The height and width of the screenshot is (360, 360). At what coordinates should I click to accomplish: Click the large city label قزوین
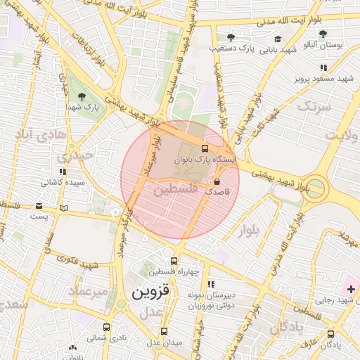click(x=152, y=290)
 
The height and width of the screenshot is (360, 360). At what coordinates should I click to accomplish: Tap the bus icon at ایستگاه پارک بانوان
click(x=205, y=148)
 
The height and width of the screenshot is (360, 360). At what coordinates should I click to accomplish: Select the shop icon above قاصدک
click(x=216, y=181)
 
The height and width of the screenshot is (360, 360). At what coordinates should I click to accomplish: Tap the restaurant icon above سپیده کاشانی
click(x=63, y=171)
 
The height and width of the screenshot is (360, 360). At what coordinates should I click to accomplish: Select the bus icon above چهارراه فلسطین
click(x=174, y=261)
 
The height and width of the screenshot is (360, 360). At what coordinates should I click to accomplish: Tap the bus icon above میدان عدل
click(x=164, y=330)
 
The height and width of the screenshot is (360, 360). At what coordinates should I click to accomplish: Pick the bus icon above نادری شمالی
click(x=107, y=327)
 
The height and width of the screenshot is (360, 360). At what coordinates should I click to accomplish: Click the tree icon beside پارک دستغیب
click(x=231, y=38)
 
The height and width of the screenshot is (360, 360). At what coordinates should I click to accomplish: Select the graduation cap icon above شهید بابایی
click(x=277, y=39)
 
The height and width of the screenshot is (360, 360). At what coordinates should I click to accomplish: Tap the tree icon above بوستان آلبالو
click(x=323, y=33)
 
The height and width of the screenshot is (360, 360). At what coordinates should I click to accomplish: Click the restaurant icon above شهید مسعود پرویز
click(x=323, y=67)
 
